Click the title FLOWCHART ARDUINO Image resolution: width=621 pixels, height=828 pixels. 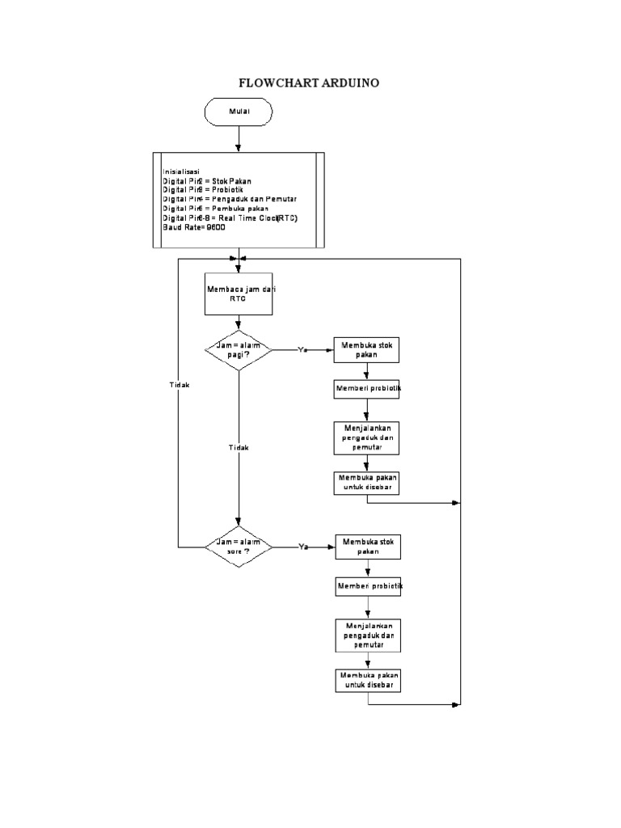pyautogui.click(x=310, y=83)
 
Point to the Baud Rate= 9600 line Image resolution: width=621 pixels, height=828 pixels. pyautogui.click(x=194, y=228)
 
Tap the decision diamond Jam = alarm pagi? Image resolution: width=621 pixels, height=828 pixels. pyautogui.click(x=238, y=350)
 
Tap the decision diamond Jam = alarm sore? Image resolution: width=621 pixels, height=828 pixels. pyautogui.click(x=238, y=547)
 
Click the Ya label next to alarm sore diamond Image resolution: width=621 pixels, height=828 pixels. pyautogui.click(x=304, y=547)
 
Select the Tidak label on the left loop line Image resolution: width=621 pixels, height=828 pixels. pyautogui.click(x=179, y=386)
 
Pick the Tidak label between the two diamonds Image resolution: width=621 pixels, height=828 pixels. pyautogui.click(x=239, y=447)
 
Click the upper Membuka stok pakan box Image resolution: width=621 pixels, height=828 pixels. pyautogui.click(x=368, y=349)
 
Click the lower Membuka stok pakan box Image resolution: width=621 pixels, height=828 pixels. pyautogui.click(x=368, y=547)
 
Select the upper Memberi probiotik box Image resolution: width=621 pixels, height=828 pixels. pyautogui.click(x=368, y=389)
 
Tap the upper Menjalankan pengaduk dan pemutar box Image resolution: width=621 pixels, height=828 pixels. pyautogui.click(x=368, y=437)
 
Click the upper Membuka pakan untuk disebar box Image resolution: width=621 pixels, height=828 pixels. pyautogui.click(x=368, y=483)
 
